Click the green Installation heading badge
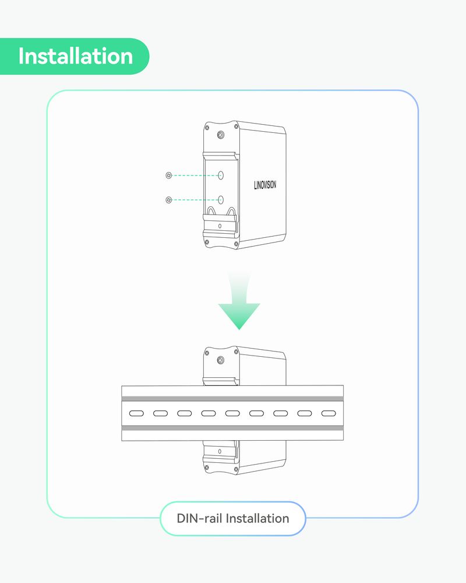(x=75, y=57)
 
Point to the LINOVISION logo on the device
(x=265, y=185)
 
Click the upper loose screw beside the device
(x=168, y=175)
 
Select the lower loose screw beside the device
(x=168, y=200)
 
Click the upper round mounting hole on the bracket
(x=221, y=175)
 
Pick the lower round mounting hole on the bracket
(x=221, y=199)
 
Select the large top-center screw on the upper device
(x=220, y=135)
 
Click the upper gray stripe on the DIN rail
(x=232, y=399)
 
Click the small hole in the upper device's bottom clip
(x=220, y=226)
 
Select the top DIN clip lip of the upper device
(x=220, y=155)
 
